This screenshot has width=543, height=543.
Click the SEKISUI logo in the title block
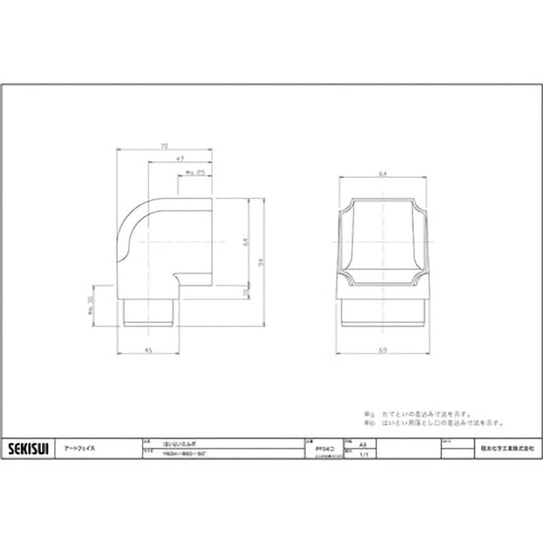(x=27, y=449)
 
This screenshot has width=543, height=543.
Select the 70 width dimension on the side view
(x=164, y=145)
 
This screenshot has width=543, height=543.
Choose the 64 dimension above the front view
(x=383, y=174)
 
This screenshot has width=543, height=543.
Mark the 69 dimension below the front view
(x=383, y=350)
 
